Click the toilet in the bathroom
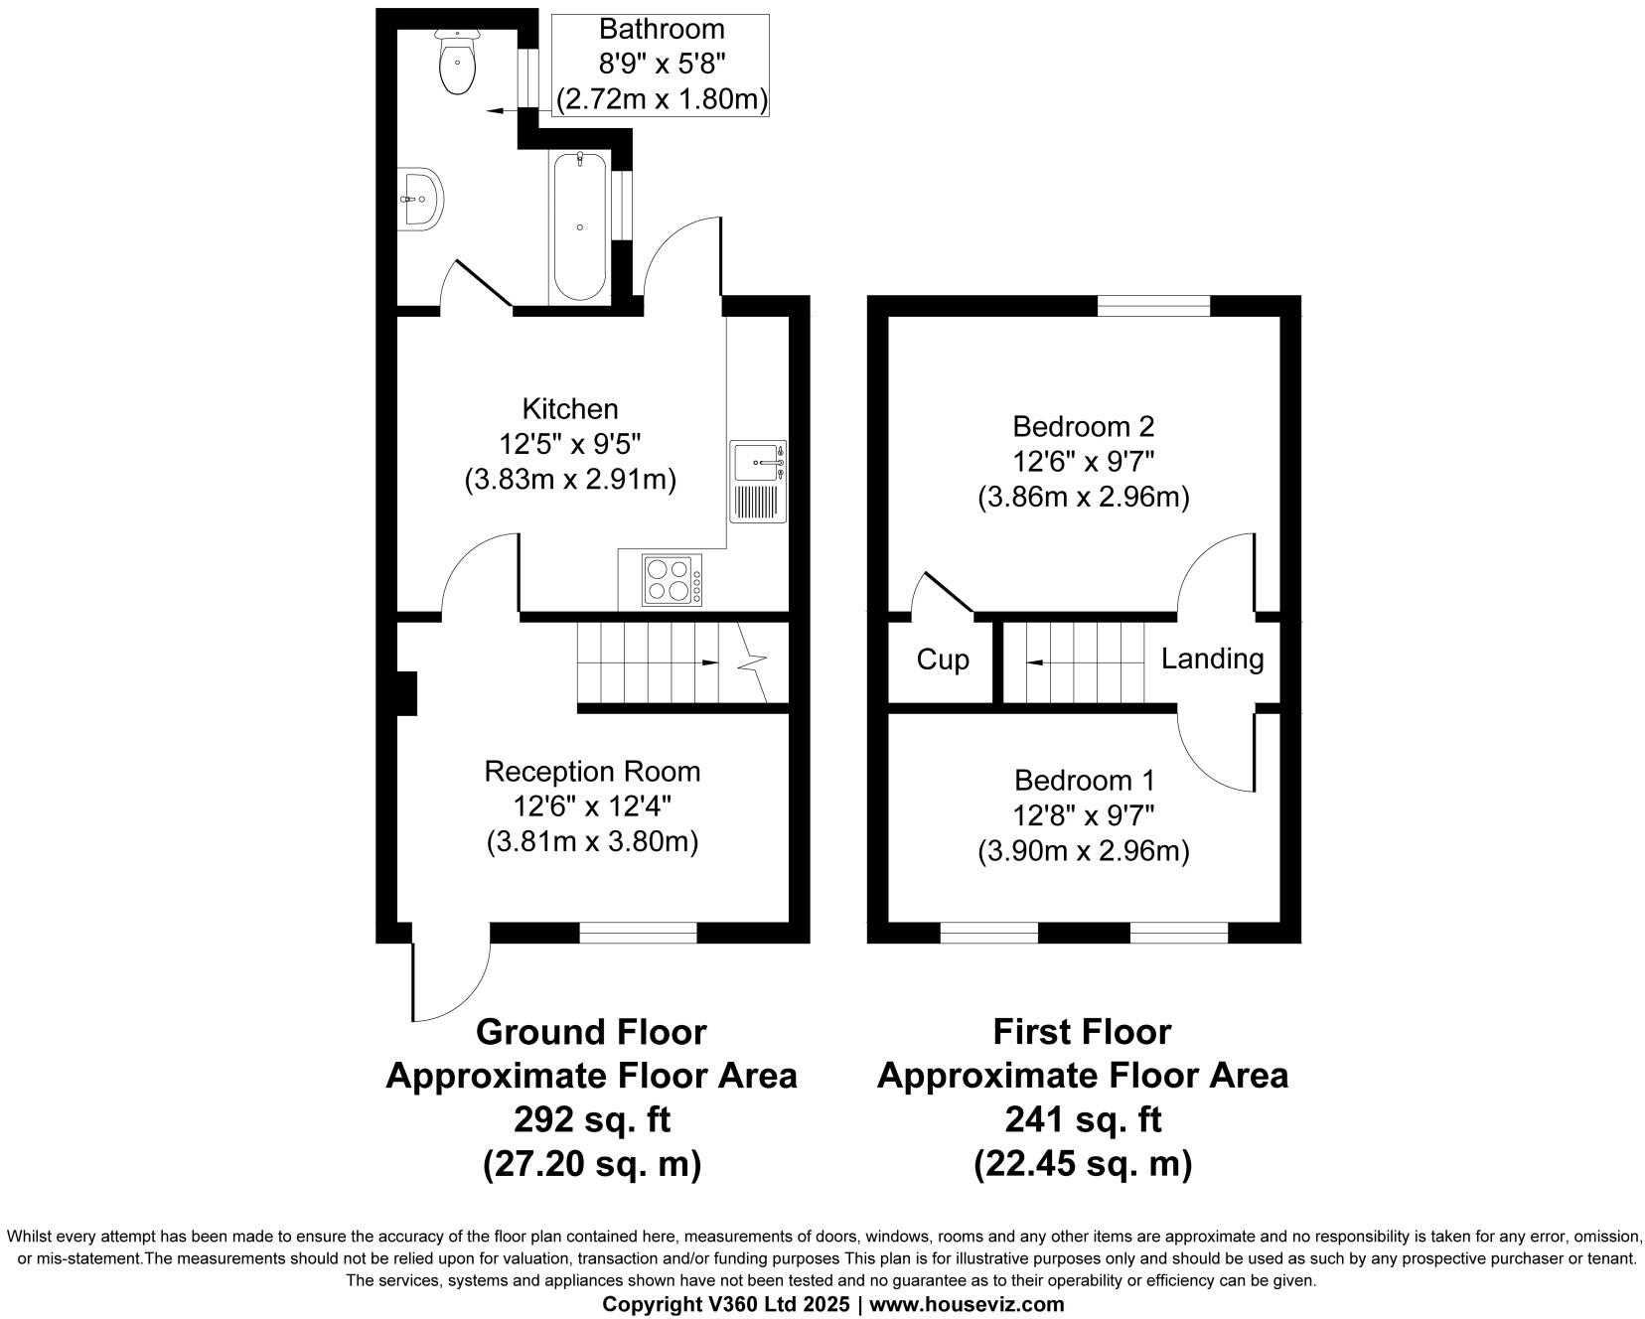point(458,64)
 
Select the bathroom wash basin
point(420,199)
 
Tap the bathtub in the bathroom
point(579,226)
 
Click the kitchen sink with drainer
point(758,482)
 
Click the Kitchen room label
point(570,408)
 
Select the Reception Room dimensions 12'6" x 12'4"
point(592,806)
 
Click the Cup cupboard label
point(942,659)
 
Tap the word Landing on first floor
point(1212,659)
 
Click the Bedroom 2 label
point(1083,426)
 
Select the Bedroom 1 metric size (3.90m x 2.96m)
point(1083,851)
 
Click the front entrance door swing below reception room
point(449,978)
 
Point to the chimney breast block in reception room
point(405,693)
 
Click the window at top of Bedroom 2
point(1153,305)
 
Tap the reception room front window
point(638,932)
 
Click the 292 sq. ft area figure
point(592,1119)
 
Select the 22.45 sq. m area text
point(1083,1162)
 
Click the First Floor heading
point(1083,1032)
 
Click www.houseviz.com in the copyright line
point(967,1304)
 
